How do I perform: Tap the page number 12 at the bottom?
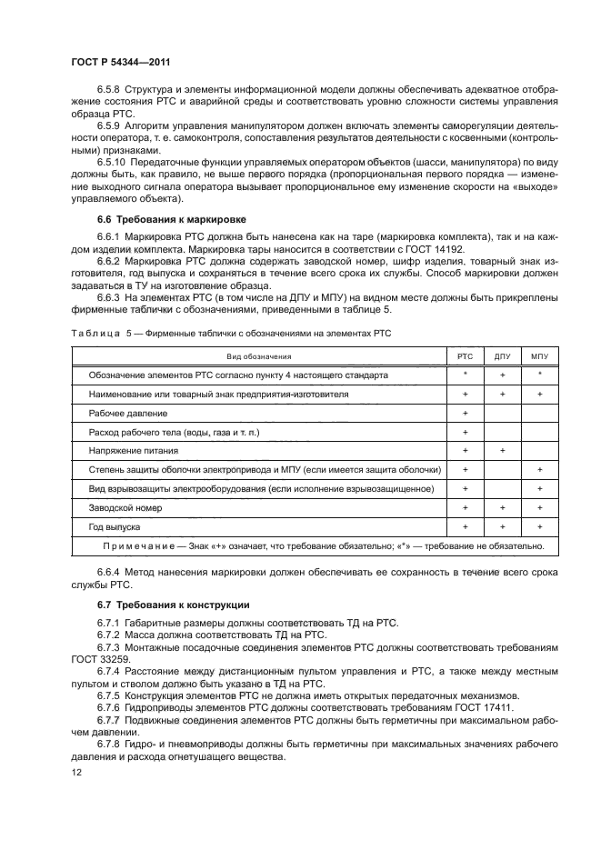75,771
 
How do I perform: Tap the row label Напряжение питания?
134,451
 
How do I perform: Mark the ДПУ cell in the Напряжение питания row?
501,451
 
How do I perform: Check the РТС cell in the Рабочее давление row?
465,413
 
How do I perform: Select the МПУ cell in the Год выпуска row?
539,527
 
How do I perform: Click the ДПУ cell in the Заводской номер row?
501,508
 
